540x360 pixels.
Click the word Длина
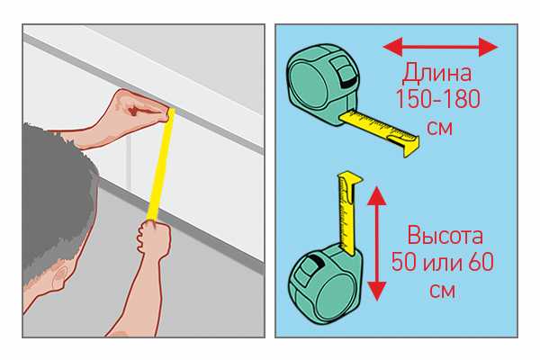436,73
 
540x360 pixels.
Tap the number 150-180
438,99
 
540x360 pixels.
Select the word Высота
445,236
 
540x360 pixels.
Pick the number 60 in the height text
481,262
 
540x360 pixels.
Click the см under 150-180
439,128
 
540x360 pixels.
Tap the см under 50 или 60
442,292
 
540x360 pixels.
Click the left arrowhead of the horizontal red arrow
392,47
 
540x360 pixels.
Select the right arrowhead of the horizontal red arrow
489,47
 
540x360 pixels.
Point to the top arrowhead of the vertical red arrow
377,196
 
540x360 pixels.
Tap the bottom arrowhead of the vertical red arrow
377,292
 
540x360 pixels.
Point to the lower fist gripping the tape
154,239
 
